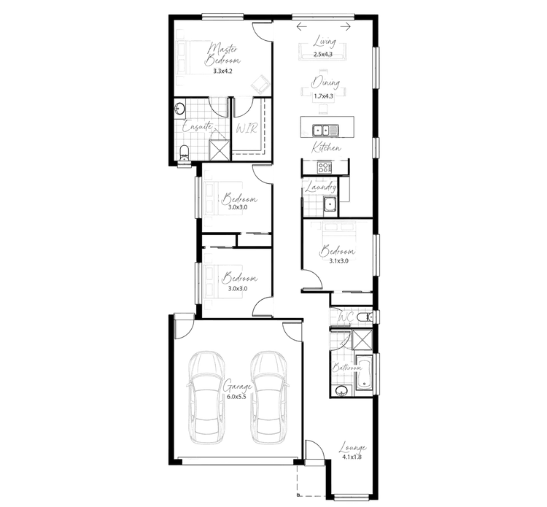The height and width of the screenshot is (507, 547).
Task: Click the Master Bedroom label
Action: click(222, 54)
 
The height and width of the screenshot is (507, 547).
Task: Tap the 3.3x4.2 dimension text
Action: click(222, 71)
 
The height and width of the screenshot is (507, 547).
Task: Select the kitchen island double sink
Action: click(325, 130)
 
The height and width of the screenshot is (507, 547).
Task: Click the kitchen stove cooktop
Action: click(325, 168)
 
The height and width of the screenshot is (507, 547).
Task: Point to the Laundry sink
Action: click(330, 204)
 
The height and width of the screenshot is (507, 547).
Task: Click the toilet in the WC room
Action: click(365, 317)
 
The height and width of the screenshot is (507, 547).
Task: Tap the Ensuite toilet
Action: click(184, 154)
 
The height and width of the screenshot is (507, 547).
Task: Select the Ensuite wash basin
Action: click(180, 108)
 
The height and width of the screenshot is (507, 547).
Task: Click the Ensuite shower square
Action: click(220, 150)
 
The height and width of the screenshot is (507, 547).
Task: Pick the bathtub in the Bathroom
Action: click(364, 373)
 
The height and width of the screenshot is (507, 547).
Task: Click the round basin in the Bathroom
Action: click(342, 391)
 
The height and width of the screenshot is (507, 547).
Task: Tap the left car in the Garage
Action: click(206, 398)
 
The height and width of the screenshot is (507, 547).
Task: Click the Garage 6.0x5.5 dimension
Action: click(236, 397)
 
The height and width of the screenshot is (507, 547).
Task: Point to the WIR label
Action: click(247, 128)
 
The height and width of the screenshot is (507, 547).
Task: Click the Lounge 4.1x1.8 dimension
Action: click(352, 457)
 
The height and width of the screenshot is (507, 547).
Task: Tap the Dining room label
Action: click(325, 82)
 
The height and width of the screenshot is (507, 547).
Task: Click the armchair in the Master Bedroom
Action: click(260, 84)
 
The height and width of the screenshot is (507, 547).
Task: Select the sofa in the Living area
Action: click(322, 52)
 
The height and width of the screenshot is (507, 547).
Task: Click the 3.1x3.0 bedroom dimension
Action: click(338, 260)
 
